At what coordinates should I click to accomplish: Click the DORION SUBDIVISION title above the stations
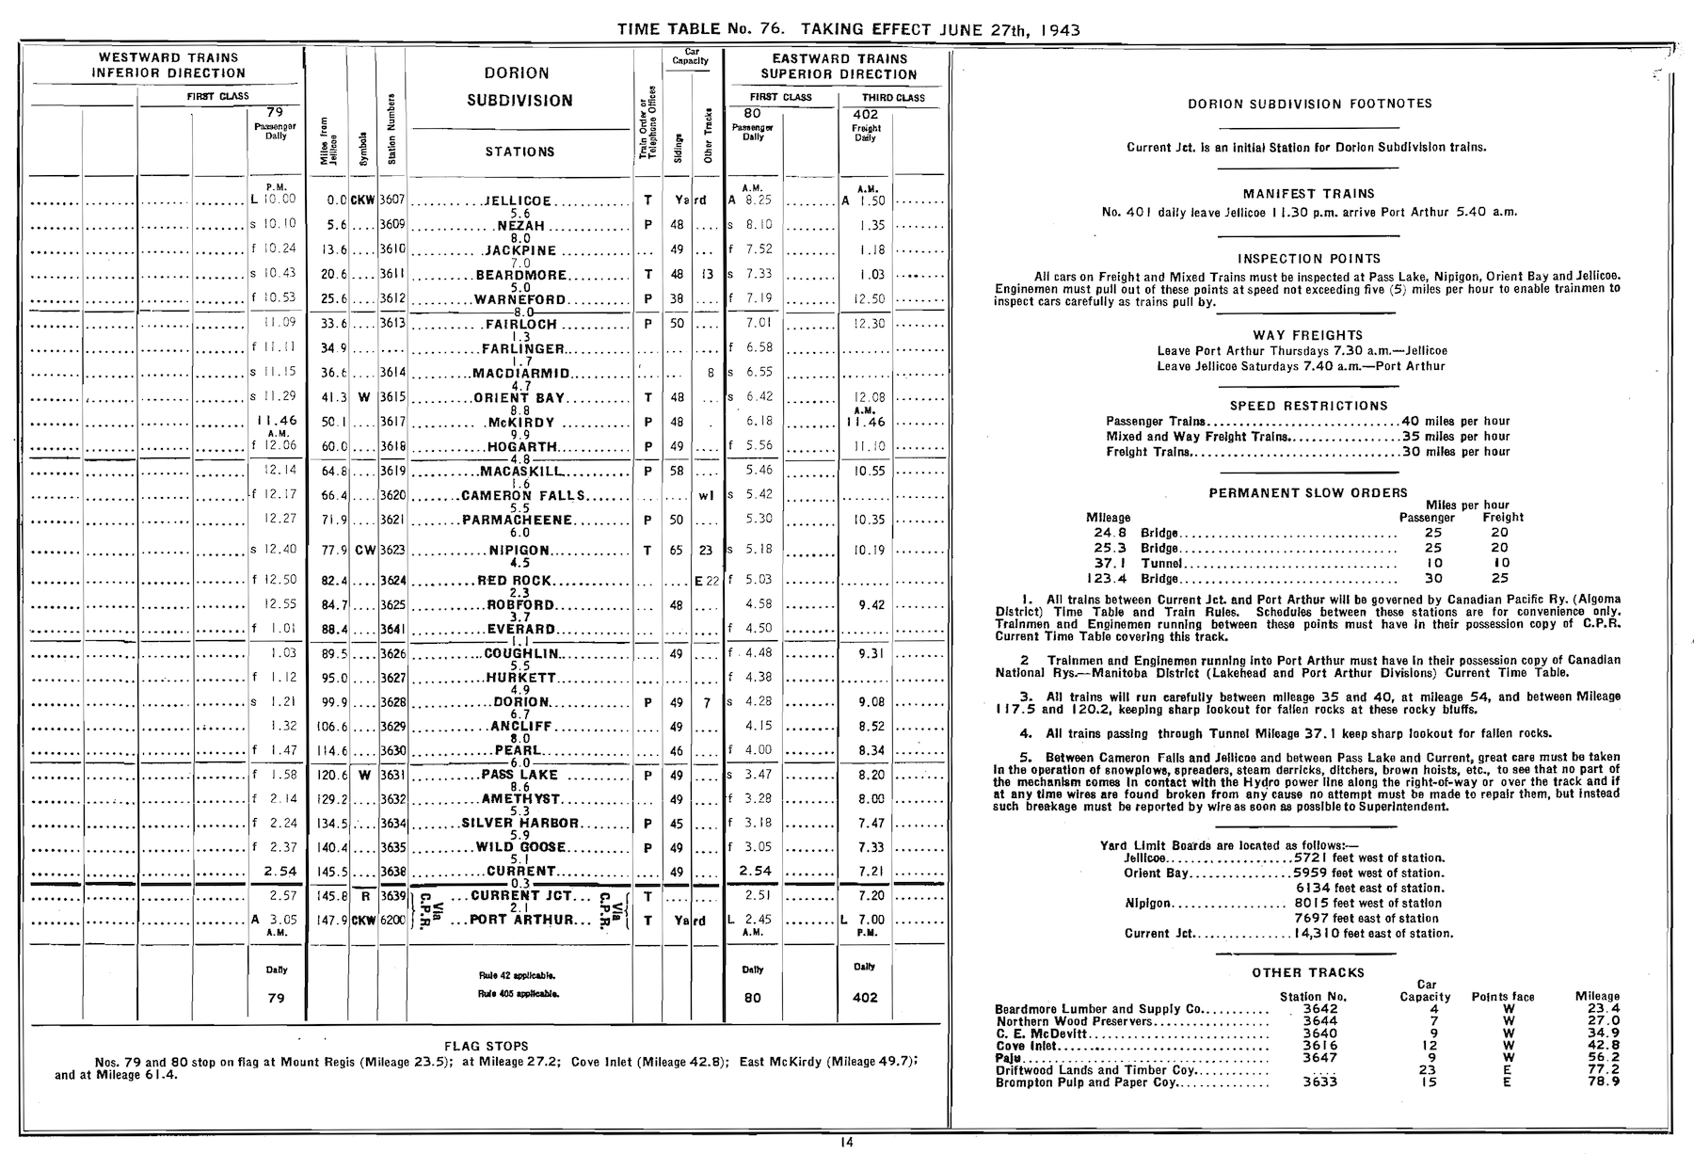point(519,87)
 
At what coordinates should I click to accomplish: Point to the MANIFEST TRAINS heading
point(1308,194)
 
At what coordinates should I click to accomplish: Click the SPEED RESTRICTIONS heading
point(1308,406)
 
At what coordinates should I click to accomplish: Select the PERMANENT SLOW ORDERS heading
point(1308,492)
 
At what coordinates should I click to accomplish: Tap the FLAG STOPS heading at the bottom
point(486,1046)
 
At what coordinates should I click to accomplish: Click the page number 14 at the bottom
point(846,1143)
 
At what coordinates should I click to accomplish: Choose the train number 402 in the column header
point(865,115)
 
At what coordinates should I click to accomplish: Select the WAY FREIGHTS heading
point(1308,335)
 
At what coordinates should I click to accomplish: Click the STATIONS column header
point(519,152)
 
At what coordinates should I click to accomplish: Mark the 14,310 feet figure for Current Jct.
point(1319,934)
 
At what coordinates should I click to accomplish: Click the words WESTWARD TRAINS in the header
point(168,57)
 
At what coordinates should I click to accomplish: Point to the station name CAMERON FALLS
point(523,495)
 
